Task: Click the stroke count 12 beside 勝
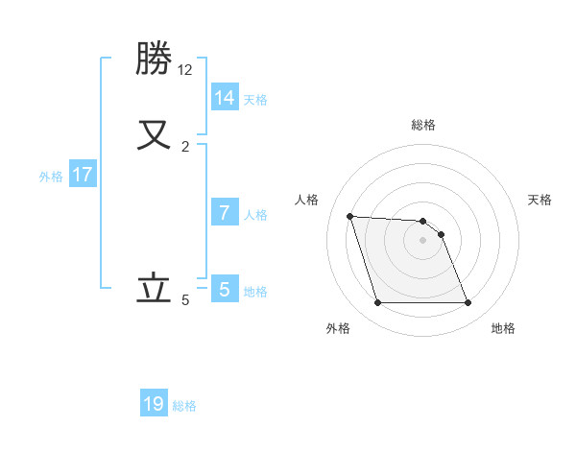(x=185, y=69)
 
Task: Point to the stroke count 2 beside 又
(x=185, y=146)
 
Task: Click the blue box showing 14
(x=224, y=97)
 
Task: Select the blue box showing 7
(x=224, y=212)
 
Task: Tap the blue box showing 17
(x=83, y=175)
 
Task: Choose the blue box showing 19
(x=154, y=404)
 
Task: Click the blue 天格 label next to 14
(x=255, y=99)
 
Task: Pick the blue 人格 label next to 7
(x=255, y=214)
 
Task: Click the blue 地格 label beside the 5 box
(x=255, y=292)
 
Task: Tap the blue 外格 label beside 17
(x=51, y=177)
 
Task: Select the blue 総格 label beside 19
(x=184, y=406)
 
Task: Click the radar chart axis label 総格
(x=423, y=125)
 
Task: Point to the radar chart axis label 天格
(x=540, y=200)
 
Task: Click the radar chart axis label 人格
(x=307, y=200)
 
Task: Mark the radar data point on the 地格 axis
(x=468, y=303)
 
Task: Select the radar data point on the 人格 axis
(x=349, y=216)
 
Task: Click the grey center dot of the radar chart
(x=423, y=240)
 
